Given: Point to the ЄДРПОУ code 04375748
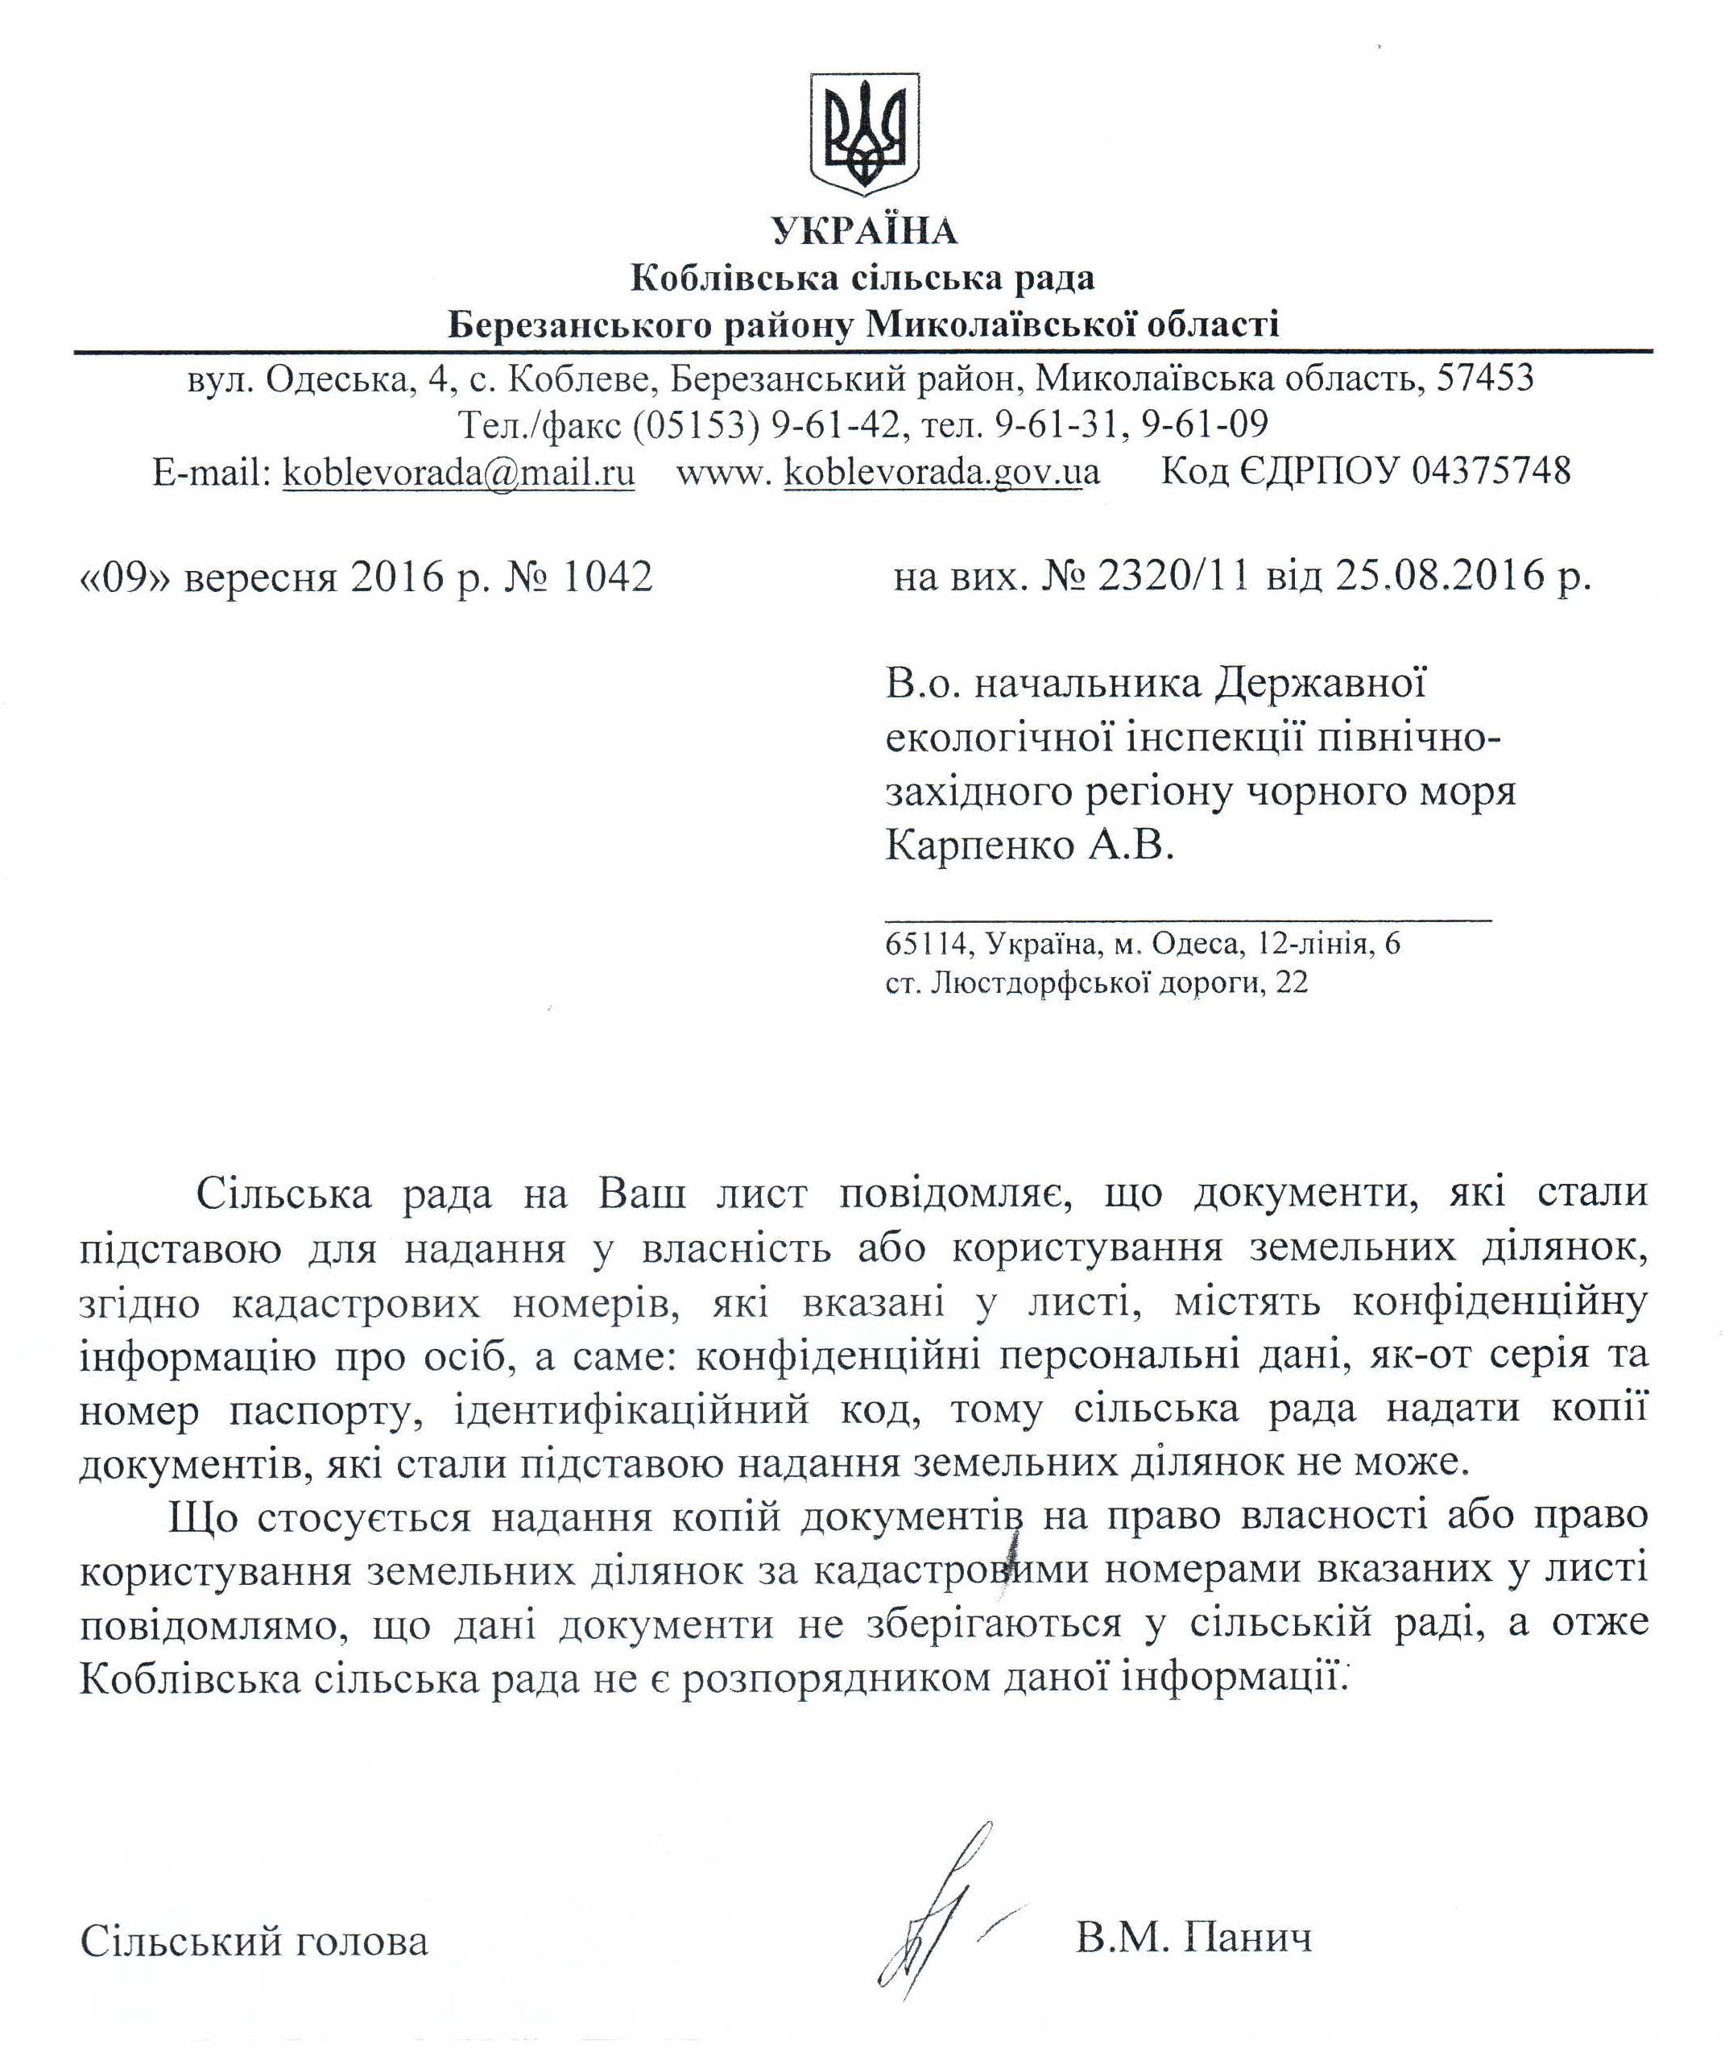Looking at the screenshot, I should (1491, 472).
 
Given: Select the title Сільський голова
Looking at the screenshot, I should (254, 1941).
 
